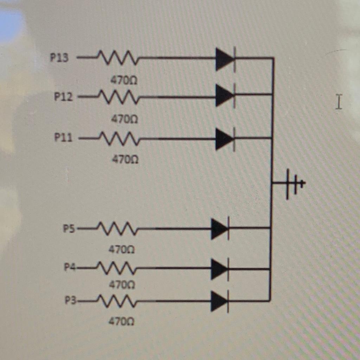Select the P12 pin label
pos(63,97)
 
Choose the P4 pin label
pos(70,267)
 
